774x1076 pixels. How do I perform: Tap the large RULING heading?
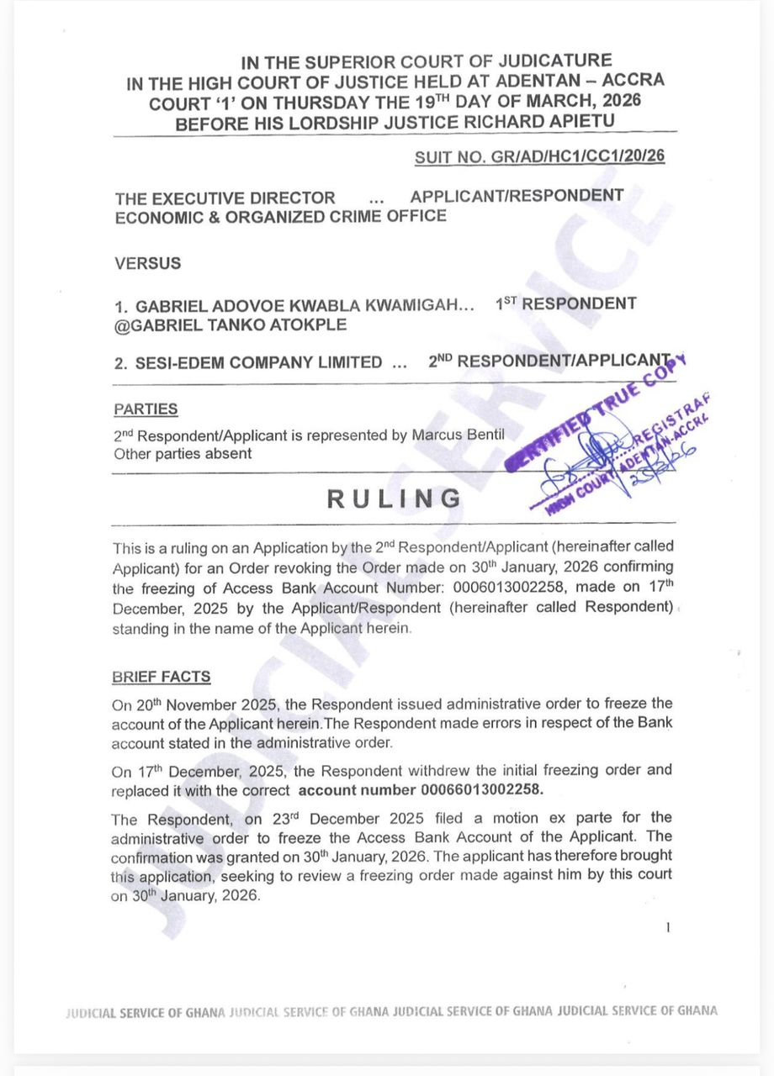394,498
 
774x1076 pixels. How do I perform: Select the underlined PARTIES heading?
146,409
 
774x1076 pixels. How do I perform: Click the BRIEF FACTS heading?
162,677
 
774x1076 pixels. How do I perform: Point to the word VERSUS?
147,263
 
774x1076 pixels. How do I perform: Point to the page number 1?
667,928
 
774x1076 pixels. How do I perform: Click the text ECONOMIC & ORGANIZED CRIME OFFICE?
280,216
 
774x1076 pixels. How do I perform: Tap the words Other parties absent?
183,453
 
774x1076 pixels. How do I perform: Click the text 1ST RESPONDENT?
567,303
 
